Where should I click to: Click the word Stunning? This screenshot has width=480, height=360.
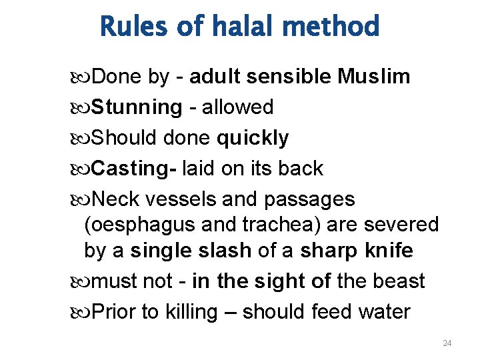point(136,107)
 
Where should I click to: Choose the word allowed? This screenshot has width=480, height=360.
point(238,107)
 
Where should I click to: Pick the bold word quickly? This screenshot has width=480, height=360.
point(253,138)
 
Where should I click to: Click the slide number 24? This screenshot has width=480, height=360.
point(447,343)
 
